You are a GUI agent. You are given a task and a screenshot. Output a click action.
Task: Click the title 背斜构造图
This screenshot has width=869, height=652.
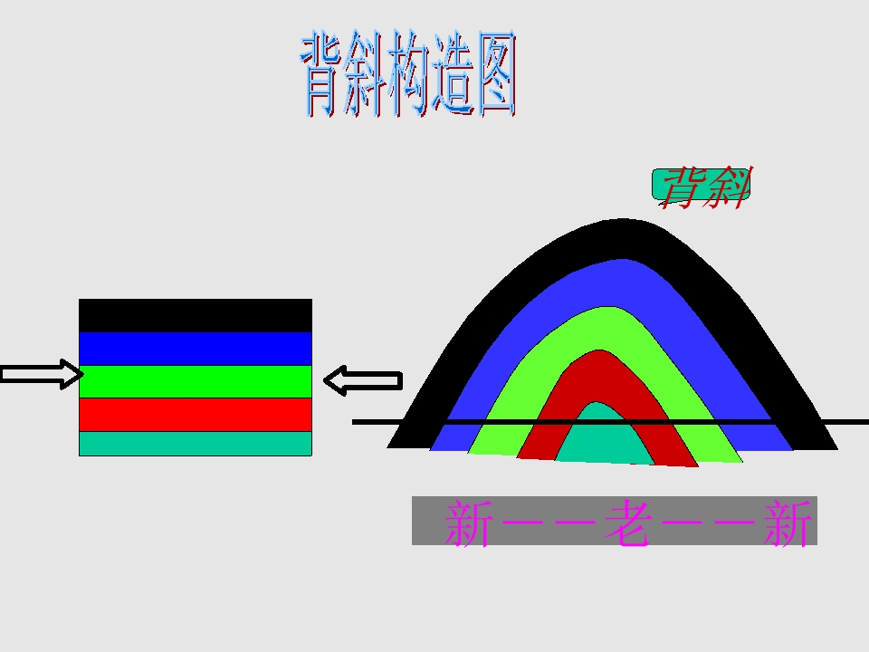[x=409, y=73]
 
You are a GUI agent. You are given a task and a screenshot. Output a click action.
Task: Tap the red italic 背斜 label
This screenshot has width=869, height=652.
[x=705, y=187]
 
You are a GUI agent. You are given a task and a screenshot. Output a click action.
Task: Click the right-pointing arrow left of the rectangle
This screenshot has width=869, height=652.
[x=43, y=374]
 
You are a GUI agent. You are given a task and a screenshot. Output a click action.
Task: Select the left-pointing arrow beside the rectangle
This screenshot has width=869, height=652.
[x=363, y=380]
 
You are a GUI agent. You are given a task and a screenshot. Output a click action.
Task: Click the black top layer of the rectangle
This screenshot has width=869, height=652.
[x=196, y=315]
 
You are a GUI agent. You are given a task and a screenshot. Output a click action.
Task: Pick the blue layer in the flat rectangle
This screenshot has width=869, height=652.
[x=196, y=349]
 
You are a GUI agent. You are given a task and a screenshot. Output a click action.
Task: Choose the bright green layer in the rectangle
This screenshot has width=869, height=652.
[x=196, y=381]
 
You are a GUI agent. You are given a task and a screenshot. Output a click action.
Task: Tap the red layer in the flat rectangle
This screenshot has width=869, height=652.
[x=196, y=414]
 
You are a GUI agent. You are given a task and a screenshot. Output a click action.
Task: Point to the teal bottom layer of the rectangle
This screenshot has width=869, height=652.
[x=196, y=444]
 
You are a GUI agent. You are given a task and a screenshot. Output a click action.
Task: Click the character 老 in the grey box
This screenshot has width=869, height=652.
[x=626, y=523]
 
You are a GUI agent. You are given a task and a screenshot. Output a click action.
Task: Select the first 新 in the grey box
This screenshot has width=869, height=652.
[x=469, y=523]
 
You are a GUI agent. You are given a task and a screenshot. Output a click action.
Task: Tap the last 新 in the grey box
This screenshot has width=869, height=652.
[x=787, y=523]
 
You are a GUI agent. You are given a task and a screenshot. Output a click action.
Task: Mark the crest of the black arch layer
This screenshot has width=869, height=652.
[x=624, y=238]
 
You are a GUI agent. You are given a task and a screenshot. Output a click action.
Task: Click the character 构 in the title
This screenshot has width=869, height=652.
[x=409, y=73]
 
